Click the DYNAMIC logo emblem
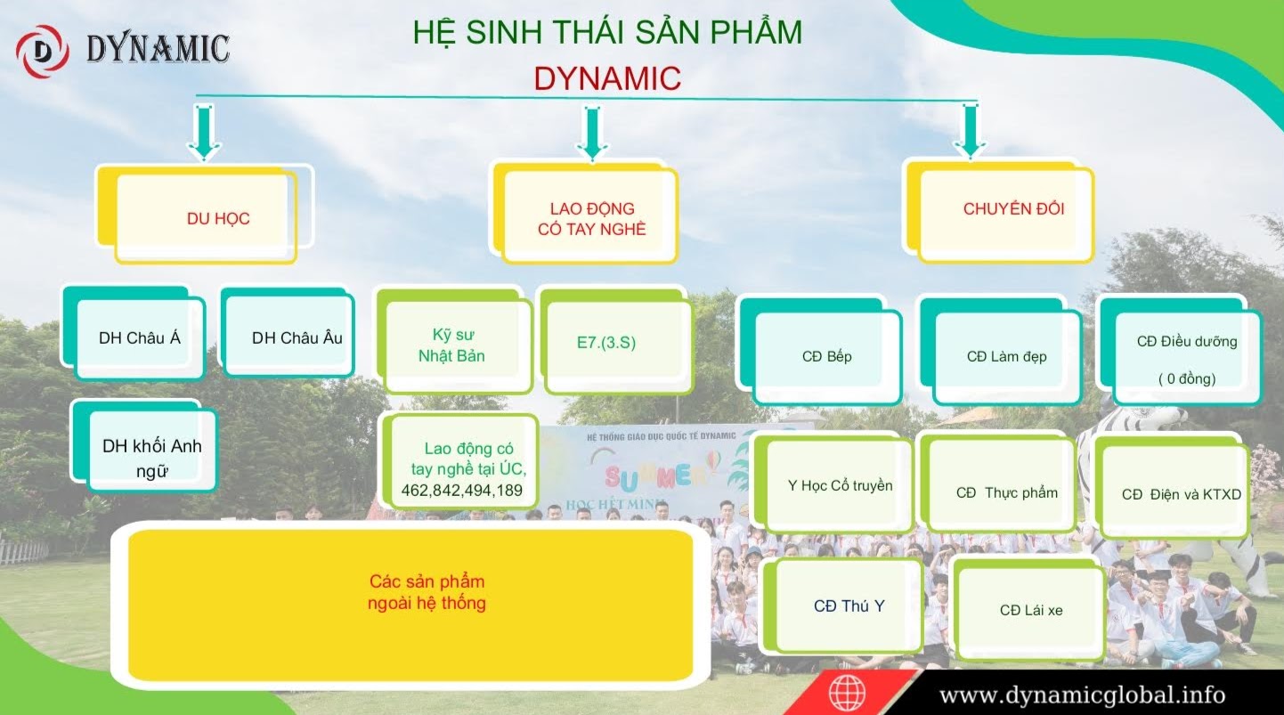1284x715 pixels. (42, 51)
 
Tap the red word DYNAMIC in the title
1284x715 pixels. (607, 78)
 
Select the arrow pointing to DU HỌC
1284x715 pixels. (204, 132)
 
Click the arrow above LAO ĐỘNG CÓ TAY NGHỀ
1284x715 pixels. (590, 132)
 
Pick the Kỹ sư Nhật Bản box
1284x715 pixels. (454, 345)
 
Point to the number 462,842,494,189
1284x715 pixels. (462, 491)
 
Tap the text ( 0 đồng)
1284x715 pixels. (1187, 379)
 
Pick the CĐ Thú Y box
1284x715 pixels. (848, 605)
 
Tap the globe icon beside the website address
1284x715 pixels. (847, 693)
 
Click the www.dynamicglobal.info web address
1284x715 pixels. (1082, 694)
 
